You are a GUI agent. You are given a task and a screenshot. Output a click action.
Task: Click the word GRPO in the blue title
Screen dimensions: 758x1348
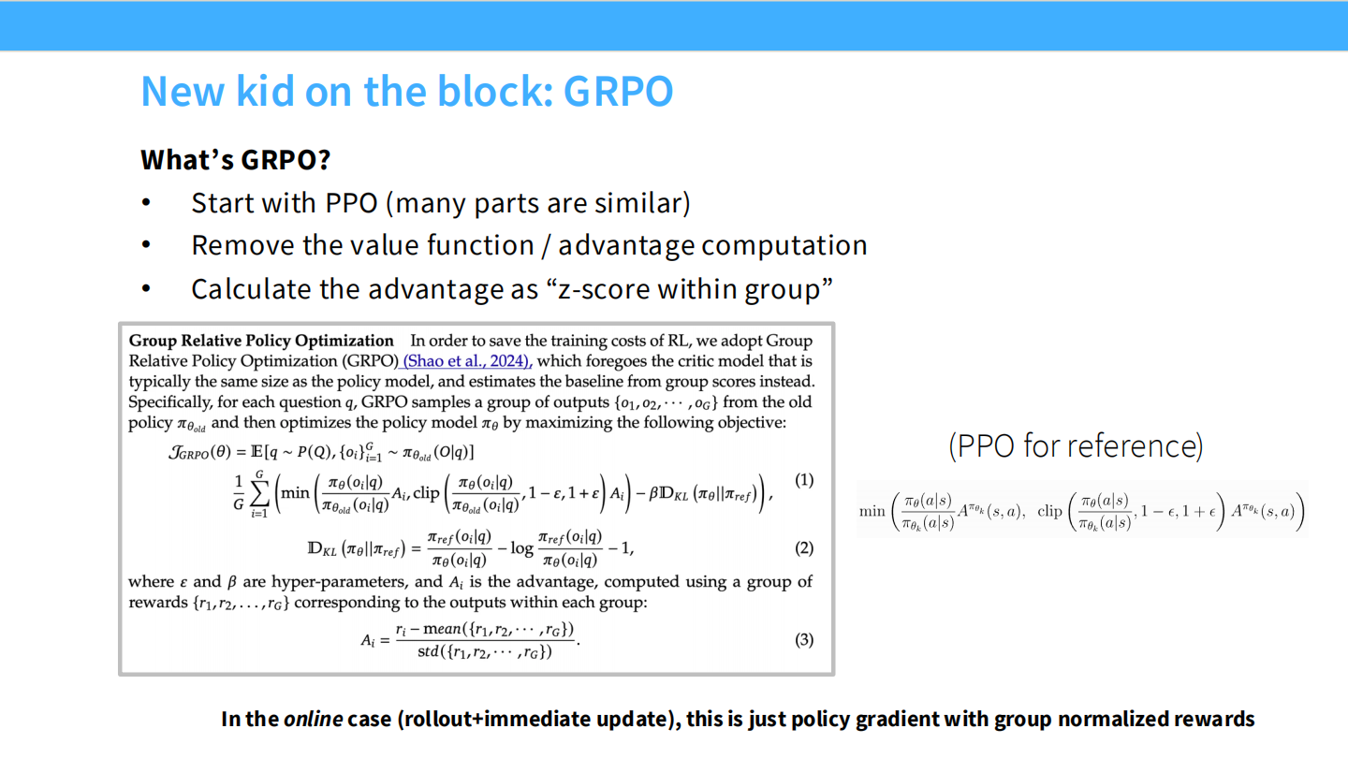tap(619, 92)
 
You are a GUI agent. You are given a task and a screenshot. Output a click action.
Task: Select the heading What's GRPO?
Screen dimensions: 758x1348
tap(235, 160)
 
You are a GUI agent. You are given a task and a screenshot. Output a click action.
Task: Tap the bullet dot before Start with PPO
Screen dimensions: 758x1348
tap(146, 203)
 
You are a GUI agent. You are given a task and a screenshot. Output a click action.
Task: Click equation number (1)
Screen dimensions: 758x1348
tap(803, 480)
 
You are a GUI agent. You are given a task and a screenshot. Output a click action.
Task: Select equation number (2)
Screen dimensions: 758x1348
tap(803, 547)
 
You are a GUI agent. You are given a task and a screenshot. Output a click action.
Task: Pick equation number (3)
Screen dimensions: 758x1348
tap(803, 640)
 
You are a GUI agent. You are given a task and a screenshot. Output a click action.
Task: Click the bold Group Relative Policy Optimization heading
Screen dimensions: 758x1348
tap(261, 341)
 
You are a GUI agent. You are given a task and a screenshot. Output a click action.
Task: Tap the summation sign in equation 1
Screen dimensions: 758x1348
tap(258, 493)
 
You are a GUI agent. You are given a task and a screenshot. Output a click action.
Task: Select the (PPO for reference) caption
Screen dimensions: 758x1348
tap(1076, 445)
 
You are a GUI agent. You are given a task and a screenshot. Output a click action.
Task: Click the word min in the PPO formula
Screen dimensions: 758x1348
tap(872, 511)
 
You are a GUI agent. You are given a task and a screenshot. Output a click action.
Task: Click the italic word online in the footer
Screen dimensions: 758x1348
tap(313, 719)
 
